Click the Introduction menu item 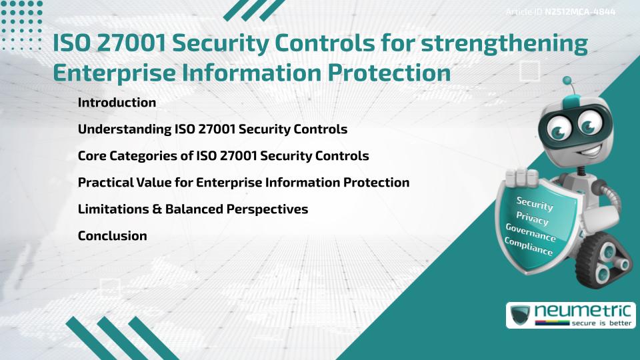tap(117, 103)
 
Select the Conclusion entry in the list tap(112, 235)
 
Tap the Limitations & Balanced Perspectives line tap(193, 209)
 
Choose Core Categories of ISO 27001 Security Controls tap(223, 156)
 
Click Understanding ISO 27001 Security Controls tap(212, 129)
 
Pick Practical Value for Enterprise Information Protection tap(243, 182)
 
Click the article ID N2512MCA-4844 tap(579, 12)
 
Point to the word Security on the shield tap(535, 204)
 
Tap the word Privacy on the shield tap(532, 219)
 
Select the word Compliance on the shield tap(528, 247)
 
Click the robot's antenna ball tap(567, 81)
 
